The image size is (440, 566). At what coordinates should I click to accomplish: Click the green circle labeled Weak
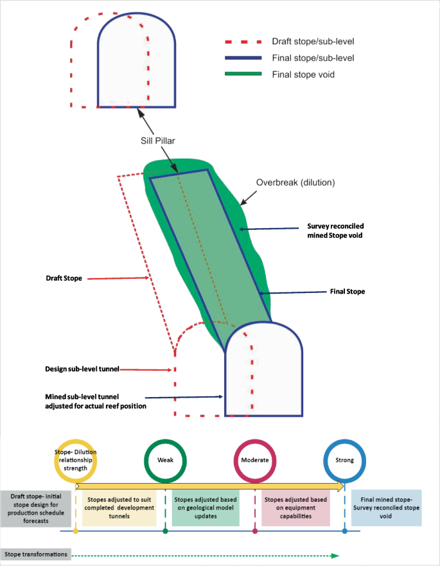[x=165, y=460]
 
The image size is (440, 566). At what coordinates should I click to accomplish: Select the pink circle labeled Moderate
[x=255, y=460]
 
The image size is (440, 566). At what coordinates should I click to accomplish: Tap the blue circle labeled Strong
[x=345, y=460]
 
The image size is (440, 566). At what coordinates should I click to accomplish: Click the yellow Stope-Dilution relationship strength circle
[x=76, y=460]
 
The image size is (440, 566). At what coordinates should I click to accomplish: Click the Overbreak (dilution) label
[x=295, y=182]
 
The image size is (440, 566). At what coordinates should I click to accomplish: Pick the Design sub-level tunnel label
[x=82, y=369]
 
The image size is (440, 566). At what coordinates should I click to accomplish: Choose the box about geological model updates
[x=207, y=508]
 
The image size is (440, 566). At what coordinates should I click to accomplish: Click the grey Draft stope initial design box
[x=36, y=508]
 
